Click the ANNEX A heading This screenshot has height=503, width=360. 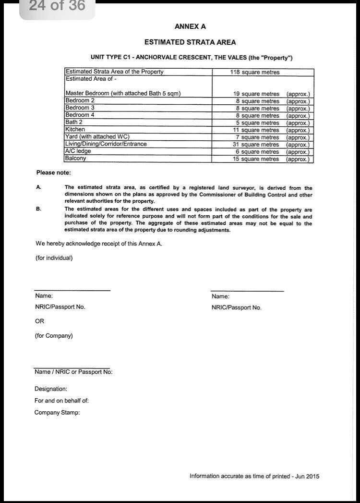pos(190,27)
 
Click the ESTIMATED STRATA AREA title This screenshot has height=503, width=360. pos(190,42)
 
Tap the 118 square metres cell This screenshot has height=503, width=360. pos(254,72)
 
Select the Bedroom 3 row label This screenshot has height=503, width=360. pos(80,108)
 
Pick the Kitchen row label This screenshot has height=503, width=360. pos(75,130)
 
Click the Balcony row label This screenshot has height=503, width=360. pos(76,159)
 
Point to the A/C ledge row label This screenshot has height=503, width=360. pos(78,151)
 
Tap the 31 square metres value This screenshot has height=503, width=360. pos(256,145)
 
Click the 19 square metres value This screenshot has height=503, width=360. pos(256,94)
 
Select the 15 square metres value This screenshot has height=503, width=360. pos(256,159)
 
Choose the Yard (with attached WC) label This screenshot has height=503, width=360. pos(97,137)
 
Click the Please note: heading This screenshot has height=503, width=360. pos(53,172)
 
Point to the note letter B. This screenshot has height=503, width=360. pos(38,209)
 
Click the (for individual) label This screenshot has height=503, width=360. pos(54,258)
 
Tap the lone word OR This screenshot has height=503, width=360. pos(39,321)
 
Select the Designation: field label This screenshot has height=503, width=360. pos(51,389)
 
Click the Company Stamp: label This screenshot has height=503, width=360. pos(57,412)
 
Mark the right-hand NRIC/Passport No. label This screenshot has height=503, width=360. pos(236,307)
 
